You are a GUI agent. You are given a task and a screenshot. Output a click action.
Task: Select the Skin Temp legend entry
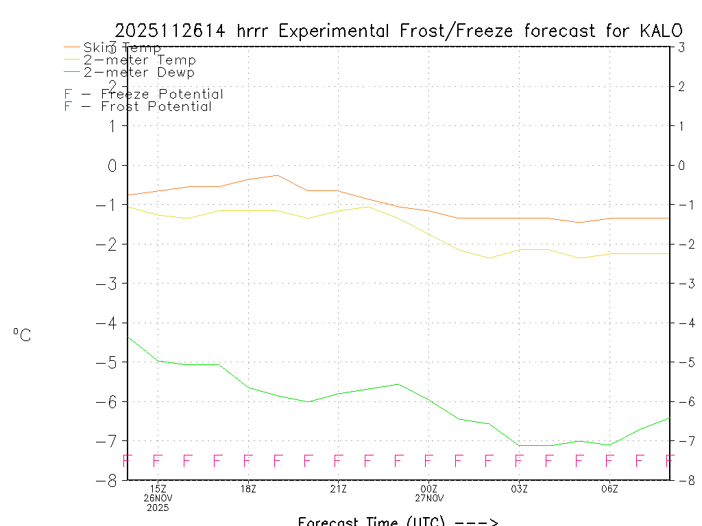click(122, 48)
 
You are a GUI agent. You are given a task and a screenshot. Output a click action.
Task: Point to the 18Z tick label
click(248, 489)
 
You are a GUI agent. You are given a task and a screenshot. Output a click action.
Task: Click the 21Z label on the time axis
click(338, 489)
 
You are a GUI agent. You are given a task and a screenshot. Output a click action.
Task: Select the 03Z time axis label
click(519, 489)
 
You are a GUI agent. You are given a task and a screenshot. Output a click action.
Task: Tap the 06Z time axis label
click(609, 489)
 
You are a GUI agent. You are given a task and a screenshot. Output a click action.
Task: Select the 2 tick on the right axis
click(681, 86)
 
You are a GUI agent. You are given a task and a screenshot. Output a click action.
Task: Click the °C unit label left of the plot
click(22, 335)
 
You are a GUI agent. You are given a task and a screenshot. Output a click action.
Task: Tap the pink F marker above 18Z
click(248, 461)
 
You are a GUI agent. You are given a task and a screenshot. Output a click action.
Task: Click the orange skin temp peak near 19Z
click(278, 175)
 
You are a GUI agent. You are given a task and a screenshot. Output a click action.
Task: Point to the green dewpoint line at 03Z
click(519, 445)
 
